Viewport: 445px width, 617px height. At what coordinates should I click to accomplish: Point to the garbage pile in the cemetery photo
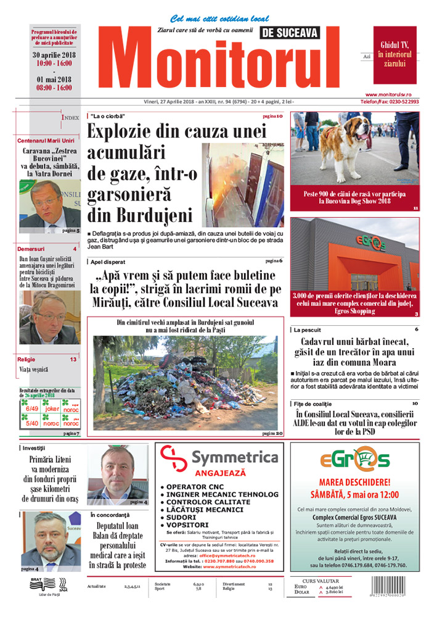[185, 389]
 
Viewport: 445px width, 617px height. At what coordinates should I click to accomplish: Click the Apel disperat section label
[107, 261]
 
